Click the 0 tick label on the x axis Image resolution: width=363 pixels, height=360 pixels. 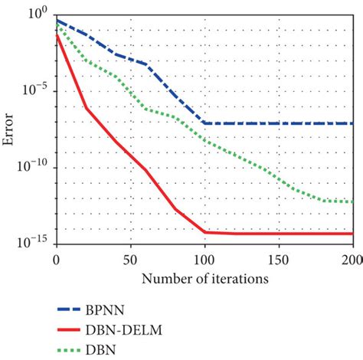56,260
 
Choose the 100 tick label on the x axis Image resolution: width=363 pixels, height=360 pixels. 204,260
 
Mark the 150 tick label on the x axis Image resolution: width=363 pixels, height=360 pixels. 279,260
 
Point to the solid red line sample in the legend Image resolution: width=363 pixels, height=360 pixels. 75,331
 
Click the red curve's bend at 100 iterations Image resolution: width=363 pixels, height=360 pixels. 204,231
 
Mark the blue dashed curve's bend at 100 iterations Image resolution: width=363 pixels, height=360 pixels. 204,123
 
